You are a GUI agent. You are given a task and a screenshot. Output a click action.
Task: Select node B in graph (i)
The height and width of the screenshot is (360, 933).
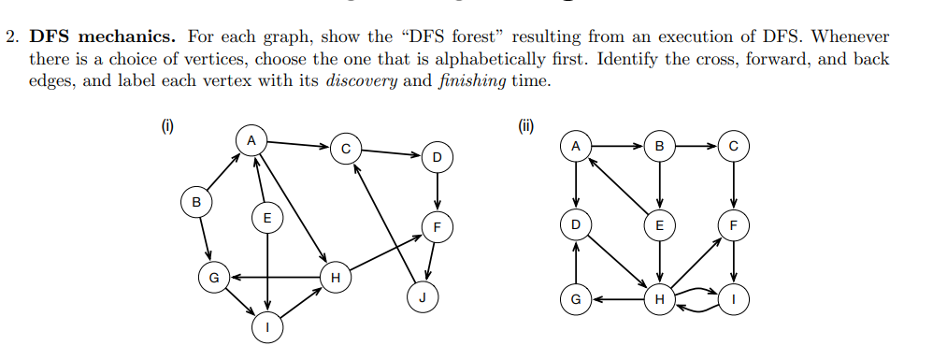pos(195,201)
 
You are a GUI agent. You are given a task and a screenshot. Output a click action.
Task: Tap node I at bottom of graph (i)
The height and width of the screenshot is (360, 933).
pos(268,326)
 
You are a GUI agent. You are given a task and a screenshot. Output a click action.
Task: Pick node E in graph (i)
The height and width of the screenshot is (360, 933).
pos(267,218)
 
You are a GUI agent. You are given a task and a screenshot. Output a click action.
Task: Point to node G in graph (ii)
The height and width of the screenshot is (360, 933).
pos(576,300)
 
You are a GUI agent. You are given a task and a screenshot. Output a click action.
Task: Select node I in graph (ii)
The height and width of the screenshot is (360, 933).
pos(734,300)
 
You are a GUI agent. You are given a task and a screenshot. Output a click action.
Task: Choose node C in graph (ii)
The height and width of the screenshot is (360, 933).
pos(734,146)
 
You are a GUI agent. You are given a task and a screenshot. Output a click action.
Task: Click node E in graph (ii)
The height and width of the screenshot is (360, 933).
pos(660,224)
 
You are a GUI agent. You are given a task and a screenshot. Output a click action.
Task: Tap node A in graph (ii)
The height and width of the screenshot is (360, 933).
pos(576,146)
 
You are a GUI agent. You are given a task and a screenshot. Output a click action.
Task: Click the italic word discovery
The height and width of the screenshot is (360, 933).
pos(362,79)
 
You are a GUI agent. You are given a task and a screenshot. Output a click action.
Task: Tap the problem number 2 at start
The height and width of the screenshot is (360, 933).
pos(12,37)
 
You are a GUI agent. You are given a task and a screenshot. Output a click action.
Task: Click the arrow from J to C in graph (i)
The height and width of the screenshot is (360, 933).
pos(383,224)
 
